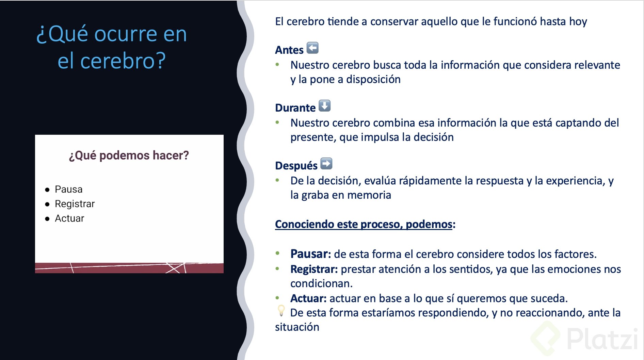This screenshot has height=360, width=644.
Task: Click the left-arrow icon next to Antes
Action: point(312,48)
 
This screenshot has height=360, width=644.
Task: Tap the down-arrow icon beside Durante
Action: point(324,106)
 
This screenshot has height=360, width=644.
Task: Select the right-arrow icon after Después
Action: point(326,164)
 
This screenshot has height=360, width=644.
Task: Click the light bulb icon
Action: point(281,310)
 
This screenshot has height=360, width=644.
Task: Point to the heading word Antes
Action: point(289,50)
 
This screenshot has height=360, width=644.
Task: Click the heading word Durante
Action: point(295,108)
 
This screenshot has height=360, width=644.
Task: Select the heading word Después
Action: point(296,166)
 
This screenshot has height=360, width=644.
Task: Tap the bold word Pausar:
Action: point(310,254)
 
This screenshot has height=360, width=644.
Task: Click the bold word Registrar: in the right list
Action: point(314,269)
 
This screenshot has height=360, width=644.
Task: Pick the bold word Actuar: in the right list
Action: point(308,298)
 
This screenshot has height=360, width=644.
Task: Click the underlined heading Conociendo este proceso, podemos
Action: point(364,224)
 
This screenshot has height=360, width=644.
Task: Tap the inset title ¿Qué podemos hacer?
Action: point(129,156)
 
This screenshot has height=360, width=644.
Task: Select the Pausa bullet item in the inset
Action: point(68,189)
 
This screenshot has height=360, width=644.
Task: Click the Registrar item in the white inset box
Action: point(75,204)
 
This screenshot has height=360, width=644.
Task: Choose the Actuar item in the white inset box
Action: point(69,218)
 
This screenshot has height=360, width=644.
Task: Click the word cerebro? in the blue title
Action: point(123,61)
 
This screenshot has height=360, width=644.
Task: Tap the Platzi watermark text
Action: point(602,339)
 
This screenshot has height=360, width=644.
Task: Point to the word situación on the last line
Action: point(297,327)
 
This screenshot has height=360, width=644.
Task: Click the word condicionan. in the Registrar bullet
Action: point(321,283)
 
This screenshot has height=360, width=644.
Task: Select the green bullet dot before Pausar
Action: point(277,253)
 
